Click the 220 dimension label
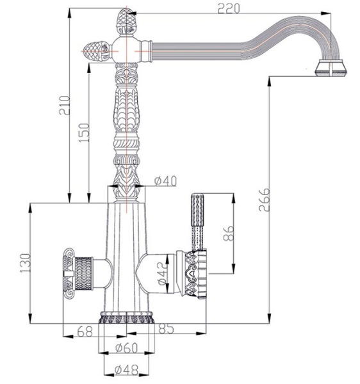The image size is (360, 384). [x=229, y=9]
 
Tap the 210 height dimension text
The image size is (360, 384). [x=65, y=106]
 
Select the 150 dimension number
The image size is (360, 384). [x=84, y=132]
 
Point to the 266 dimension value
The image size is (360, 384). [x=265, y=200]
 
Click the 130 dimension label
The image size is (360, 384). [x=25, y=263]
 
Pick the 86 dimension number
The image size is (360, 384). [x=229, y=234]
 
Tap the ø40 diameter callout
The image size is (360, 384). [x=165, y=181]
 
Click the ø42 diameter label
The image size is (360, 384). [x=164, y=273]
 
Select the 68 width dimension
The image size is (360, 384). [x=85, y=332]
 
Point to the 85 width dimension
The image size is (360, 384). [x=166, y=329]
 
